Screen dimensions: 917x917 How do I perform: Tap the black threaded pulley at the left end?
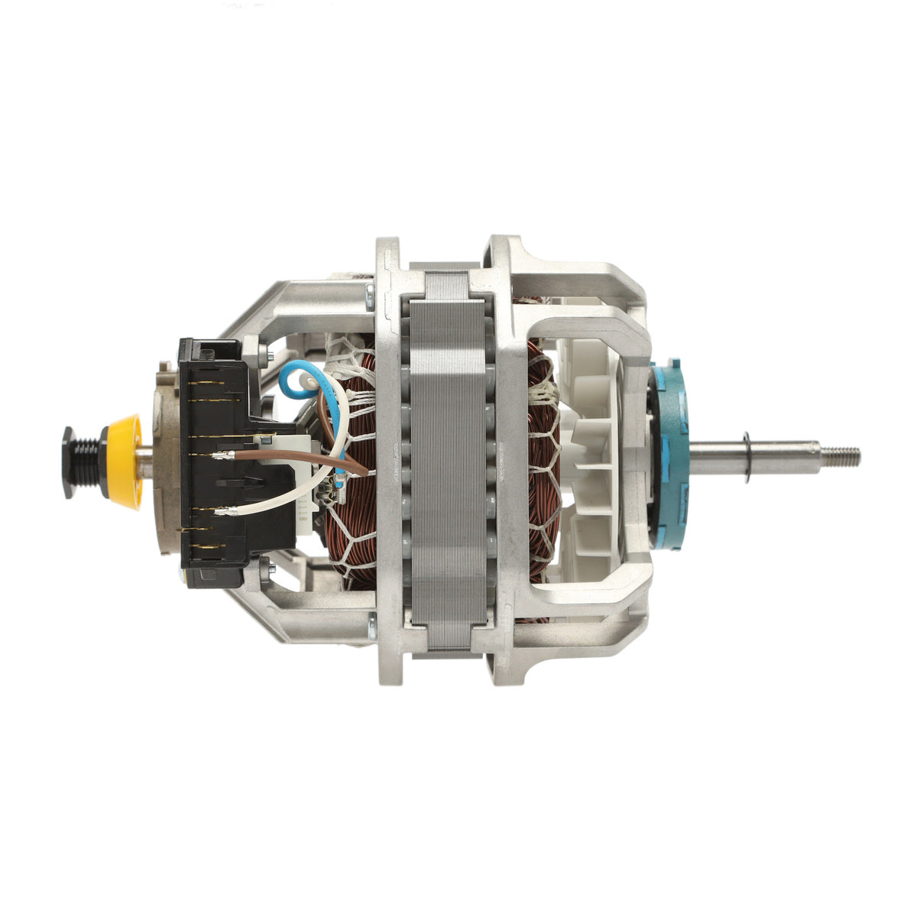[x=83, y=462]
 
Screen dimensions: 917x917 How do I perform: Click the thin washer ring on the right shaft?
[x=746, y=457]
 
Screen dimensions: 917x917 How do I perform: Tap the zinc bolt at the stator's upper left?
[x=371, y=290]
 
